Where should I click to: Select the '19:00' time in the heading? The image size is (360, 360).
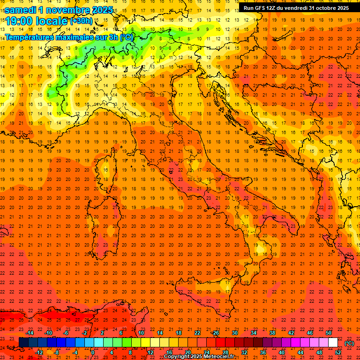(19, 21)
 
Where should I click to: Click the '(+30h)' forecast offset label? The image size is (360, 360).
(81, 21)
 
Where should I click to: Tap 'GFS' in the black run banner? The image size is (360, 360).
(261, 8)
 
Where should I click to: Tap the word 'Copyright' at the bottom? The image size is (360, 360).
(178, 357)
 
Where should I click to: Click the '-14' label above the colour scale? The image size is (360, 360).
(30, 333)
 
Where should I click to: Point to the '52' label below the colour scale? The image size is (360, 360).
(338, 352)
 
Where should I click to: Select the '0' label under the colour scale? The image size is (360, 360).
(93, 352)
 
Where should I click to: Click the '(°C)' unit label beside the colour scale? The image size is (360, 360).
(350, 343)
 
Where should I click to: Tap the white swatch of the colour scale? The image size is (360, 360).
(333, 343)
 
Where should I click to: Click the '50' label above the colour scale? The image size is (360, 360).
(329, 333)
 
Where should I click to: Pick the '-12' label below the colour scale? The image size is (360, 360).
(39, 352)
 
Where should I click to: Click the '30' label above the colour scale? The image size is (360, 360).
(234, 333)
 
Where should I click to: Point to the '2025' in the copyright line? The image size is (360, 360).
(200, 357)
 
